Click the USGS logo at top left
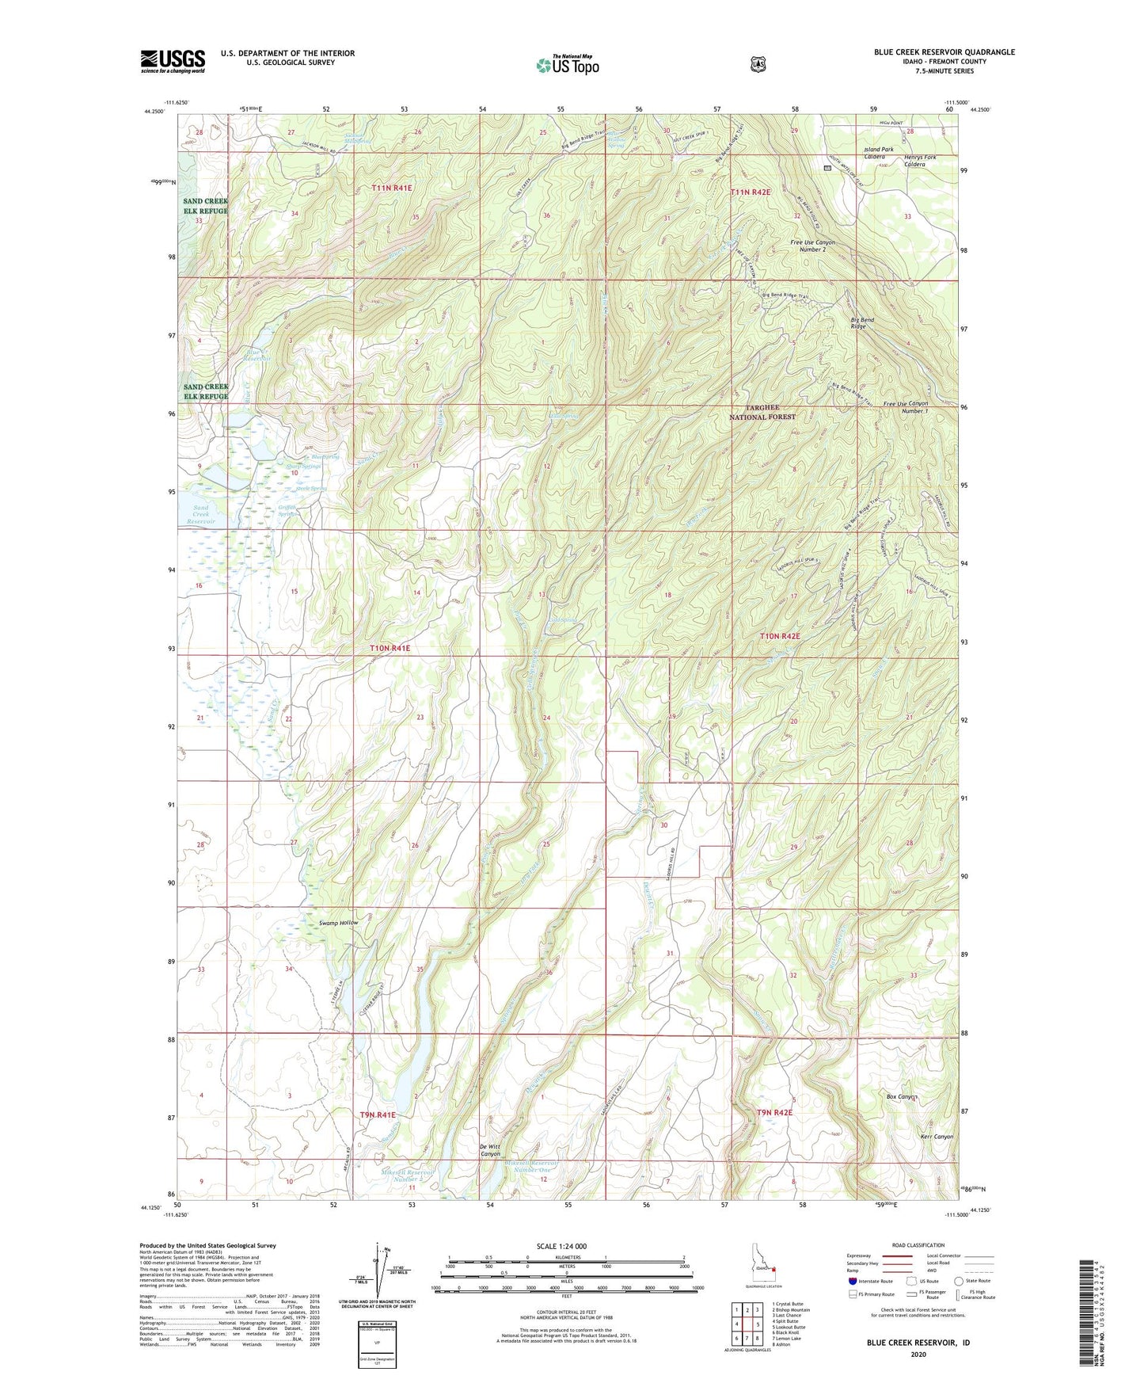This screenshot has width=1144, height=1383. pyautogui.click(x=173, y=61)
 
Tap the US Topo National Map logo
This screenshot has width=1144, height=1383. pyautogui.click(x=567, y=65)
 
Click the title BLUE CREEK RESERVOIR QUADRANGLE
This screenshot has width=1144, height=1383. pyautogui.click(x=944, y=52)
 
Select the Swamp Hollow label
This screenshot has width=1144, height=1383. pyautogui.click(x=339, y=923)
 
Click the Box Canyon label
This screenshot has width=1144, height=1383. pyautogui.click(x=901, y=1097)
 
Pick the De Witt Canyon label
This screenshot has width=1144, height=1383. pyautogui.click(x=490, y=1150)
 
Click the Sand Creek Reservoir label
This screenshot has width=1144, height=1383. pyautogui.click(x=201, y=515)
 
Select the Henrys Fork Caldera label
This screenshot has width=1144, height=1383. pyautogui.click(x=919, y=161)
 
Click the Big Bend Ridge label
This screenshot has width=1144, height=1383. pyautogui.click(x=862, y=323)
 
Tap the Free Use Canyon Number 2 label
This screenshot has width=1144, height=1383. pyautogui.click(x=812, y=246)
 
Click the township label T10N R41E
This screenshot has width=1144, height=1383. pyautogui.click(x=390, y=648)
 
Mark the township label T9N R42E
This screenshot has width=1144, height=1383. pyautogui.click(x=774, y=1113)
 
